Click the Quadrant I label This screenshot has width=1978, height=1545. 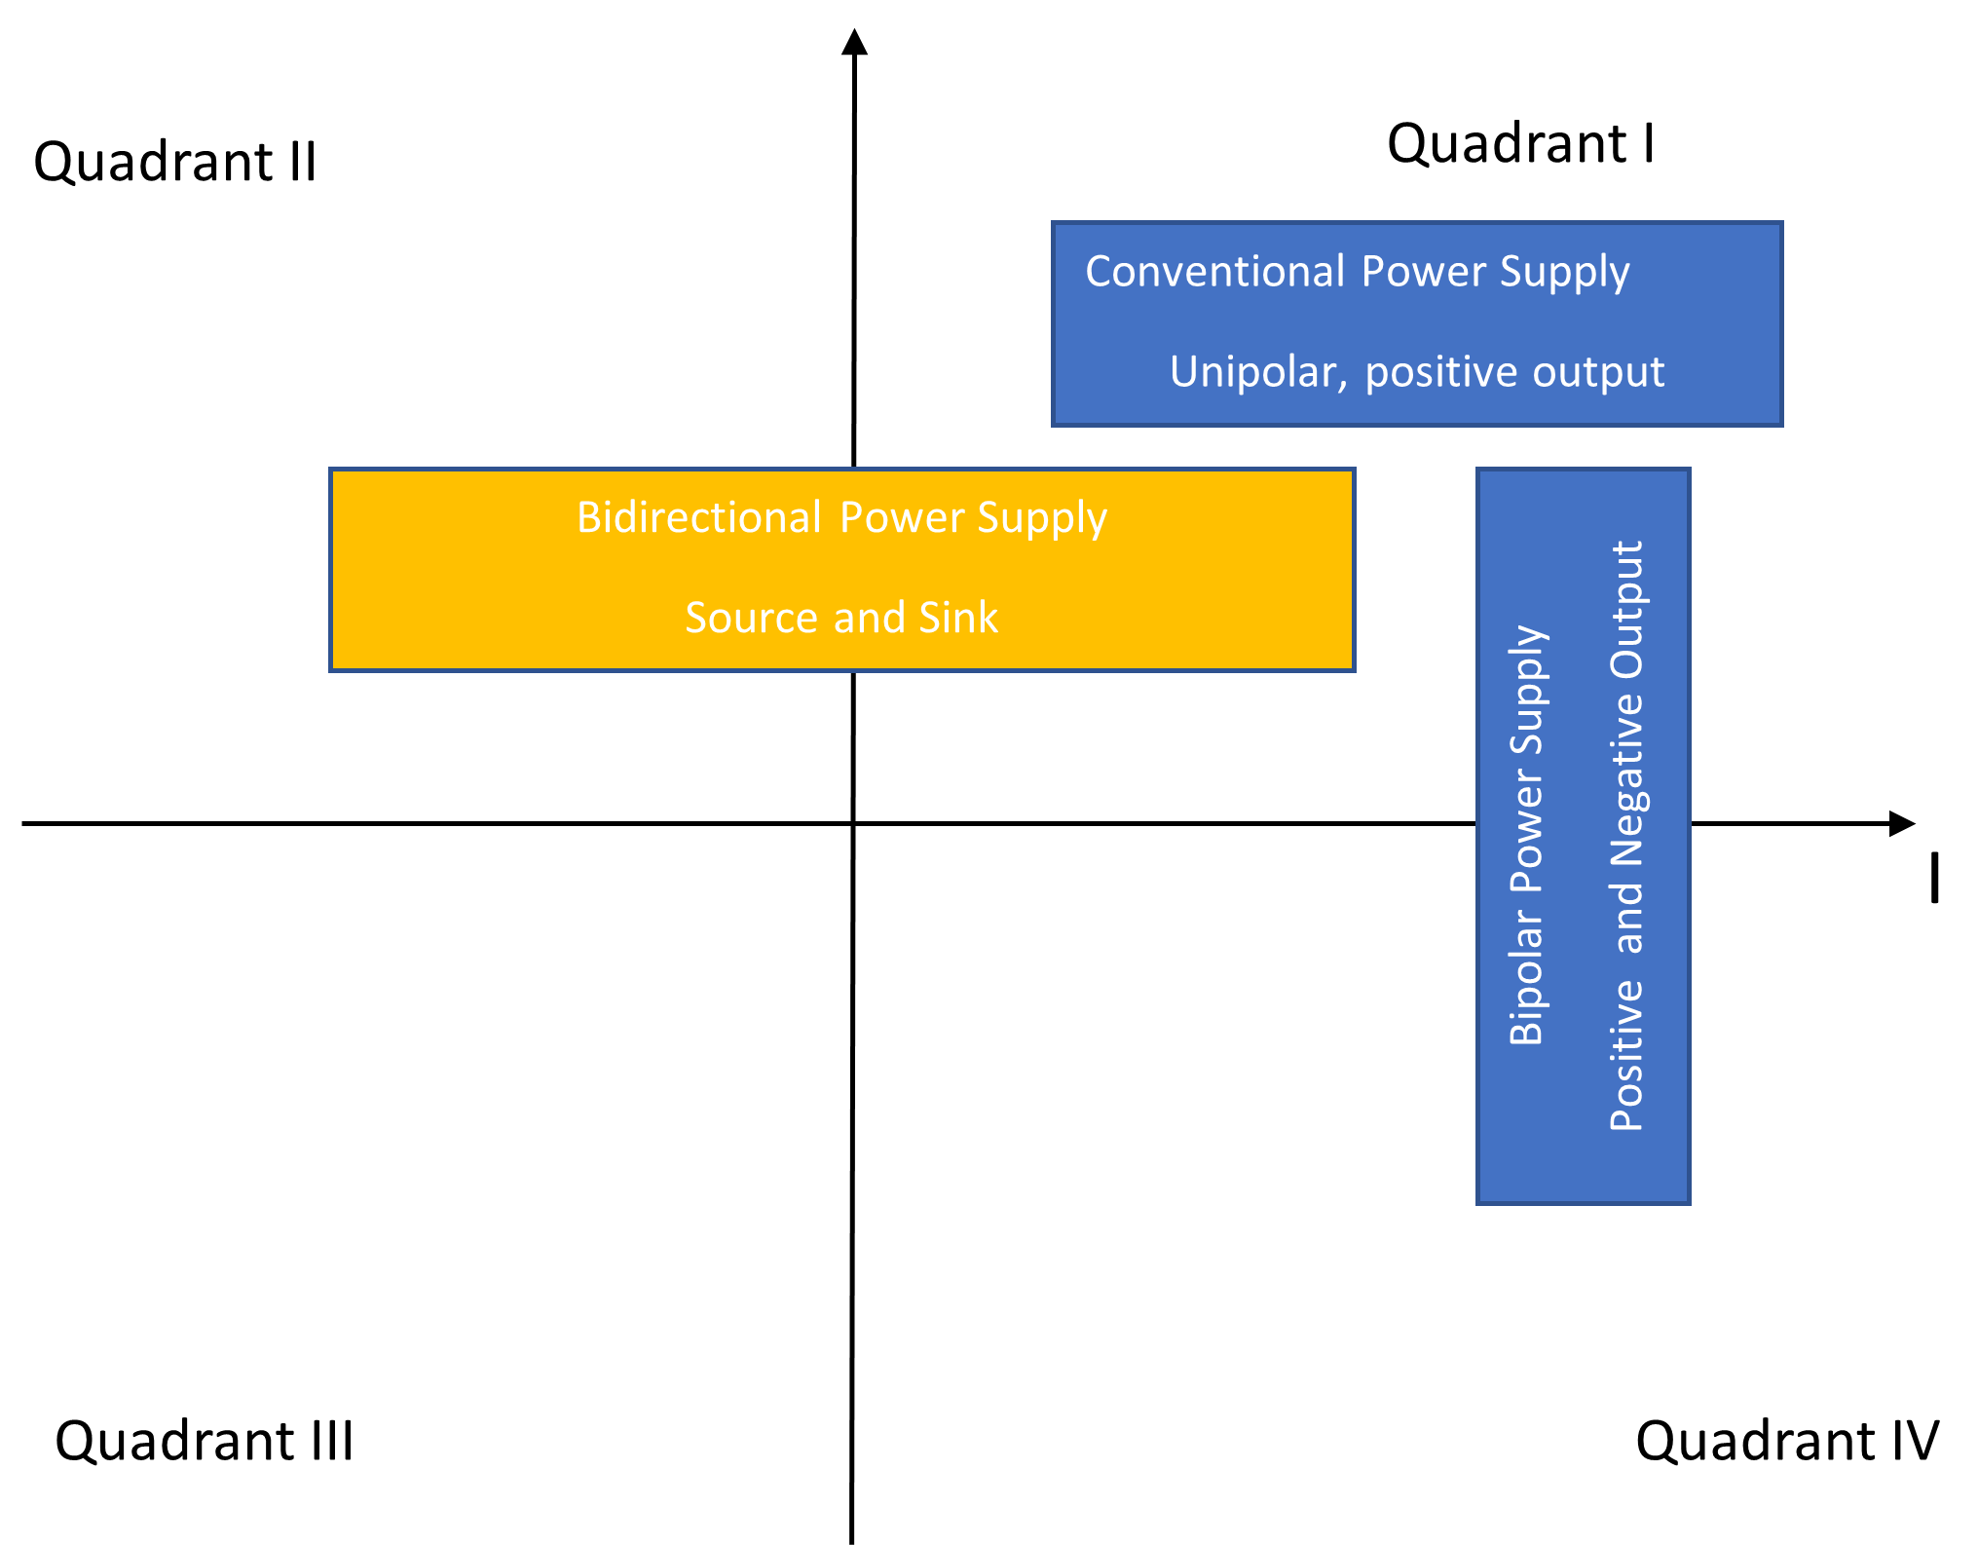[x=1519, y=144]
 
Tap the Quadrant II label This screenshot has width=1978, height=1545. [x=175, y=162]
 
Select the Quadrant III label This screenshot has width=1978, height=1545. [x=204, y=1441]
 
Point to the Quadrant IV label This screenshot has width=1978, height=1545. [x=1786, y=1441]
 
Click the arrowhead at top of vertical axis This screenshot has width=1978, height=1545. [x=854, y=42]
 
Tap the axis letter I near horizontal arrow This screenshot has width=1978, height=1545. [x=1934, y=878]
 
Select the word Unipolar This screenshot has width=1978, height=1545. [x=1257, y=372]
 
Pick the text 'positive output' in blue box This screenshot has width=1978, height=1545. [x=1514, y=372]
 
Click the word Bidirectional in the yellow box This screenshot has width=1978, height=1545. [x=698, y=517]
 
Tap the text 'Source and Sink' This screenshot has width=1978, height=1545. [x=841, y=618]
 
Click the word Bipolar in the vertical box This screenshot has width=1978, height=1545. [x=1526, y=979]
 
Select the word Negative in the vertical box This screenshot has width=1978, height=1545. [x=1626, y=770]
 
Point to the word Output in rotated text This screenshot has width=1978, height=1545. [x=1626, y=609]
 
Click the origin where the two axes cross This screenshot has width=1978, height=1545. [x=853, y=824]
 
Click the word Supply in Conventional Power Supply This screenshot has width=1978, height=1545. [x=1564, y=273]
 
